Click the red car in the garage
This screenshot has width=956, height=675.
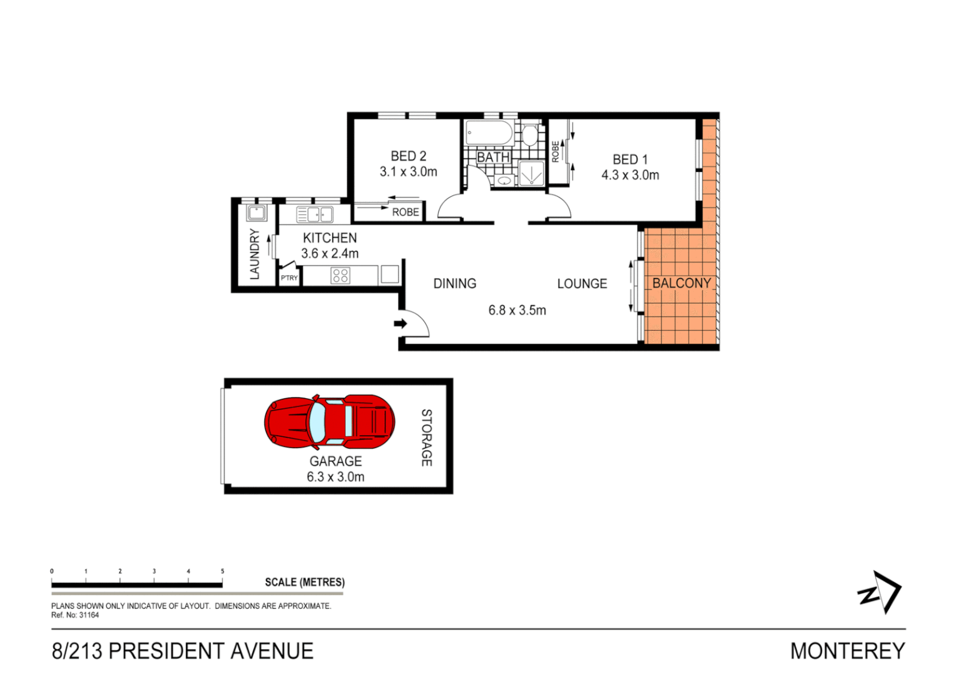point(329,422)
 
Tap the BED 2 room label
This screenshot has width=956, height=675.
point(408,156)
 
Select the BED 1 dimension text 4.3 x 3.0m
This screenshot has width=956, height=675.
point(630,176)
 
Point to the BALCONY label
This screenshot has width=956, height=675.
point(681,283)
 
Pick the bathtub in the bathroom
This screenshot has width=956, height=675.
point(489,133)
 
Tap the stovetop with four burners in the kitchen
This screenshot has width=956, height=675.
point(340,275)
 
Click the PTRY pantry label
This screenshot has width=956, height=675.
point(289,278)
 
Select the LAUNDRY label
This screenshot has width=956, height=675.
point(255,253)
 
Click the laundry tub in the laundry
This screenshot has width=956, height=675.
point(257,212)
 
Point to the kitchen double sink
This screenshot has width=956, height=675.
point(315,215)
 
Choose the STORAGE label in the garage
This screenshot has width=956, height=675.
point(426,437)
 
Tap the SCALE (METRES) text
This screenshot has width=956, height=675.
point(305,582)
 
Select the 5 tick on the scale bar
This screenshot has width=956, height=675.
point(222,571)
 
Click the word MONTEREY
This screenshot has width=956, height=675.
point(847,651)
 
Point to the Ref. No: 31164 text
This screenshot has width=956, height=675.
point(75,615)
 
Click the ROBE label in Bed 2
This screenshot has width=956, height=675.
point(405,212)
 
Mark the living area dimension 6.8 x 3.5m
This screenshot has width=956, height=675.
point(517,311)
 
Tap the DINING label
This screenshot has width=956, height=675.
point(455,284)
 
